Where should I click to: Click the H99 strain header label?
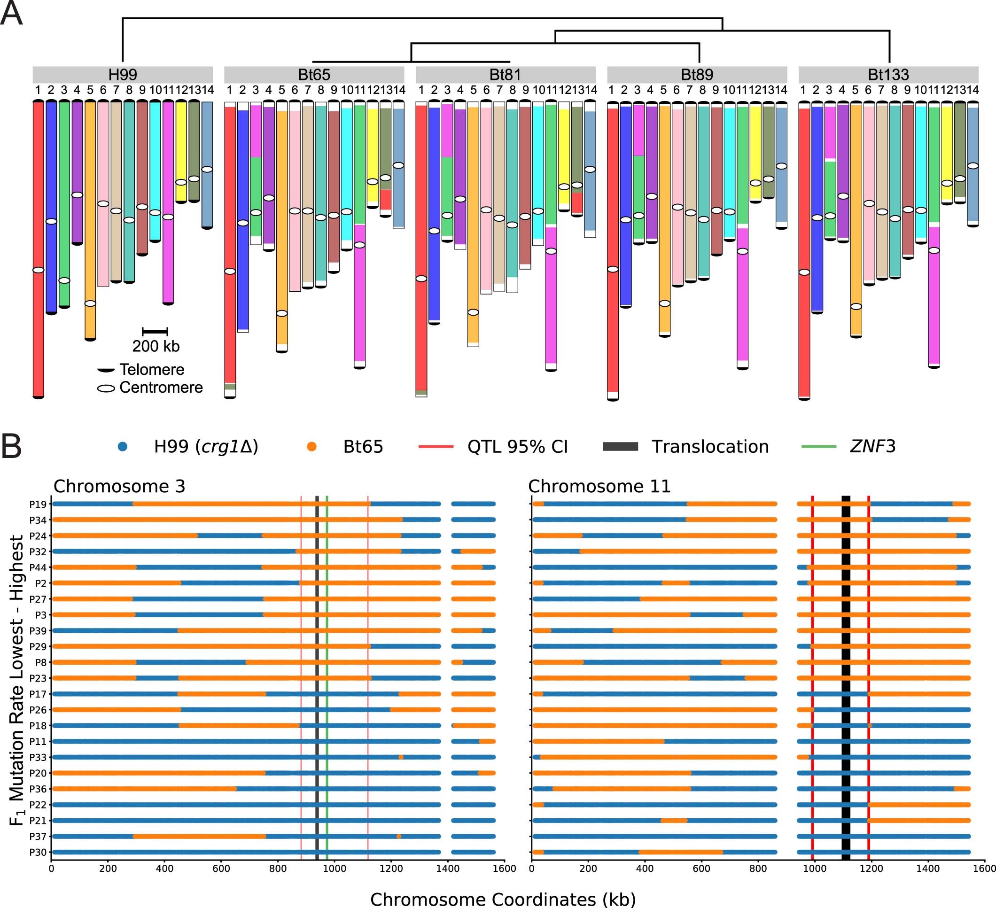pos(123,75)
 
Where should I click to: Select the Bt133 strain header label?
pos(888,75)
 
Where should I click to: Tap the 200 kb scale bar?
pos(155,331)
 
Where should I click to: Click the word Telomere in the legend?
pos(152,370)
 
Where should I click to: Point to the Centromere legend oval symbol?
pos(106,388)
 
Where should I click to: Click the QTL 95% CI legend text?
pos(517,447)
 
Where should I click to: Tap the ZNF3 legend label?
pos(872,446)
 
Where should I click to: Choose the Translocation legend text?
pos(710,447)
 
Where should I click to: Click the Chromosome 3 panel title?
pos(119,486)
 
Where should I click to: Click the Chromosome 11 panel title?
pos(599,486)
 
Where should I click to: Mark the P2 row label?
pos(40,583)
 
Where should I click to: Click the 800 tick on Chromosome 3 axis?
pos(278,869)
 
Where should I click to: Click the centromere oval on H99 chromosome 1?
pos(38,270)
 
